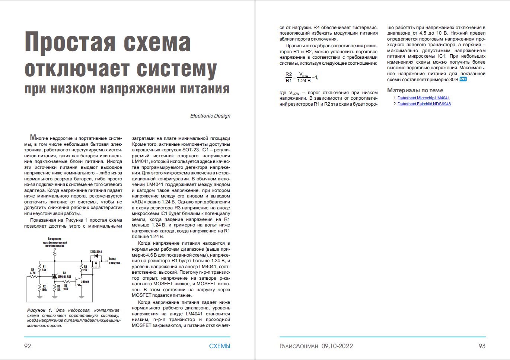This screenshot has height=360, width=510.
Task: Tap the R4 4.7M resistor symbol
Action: point(33,277)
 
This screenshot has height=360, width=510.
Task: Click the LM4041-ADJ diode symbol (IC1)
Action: point(55,276)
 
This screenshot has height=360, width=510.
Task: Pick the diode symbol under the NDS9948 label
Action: point(96,256)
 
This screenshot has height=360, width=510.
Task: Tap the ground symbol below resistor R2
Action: point(40,297)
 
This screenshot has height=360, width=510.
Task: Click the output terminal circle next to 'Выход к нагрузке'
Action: point(106,261)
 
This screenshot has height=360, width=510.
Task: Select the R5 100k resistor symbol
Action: point(66,282)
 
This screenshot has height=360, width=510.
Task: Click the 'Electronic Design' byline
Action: point(210,116)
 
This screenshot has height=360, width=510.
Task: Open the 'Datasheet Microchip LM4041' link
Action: point(424,98)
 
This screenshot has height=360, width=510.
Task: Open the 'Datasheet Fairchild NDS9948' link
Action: point(424,104)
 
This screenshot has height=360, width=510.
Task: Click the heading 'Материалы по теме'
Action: point(415,90)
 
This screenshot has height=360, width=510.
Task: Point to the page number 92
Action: point(28,346)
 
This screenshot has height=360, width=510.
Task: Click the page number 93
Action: point(482,346)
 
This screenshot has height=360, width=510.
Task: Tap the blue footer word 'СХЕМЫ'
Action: point(219,346)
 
